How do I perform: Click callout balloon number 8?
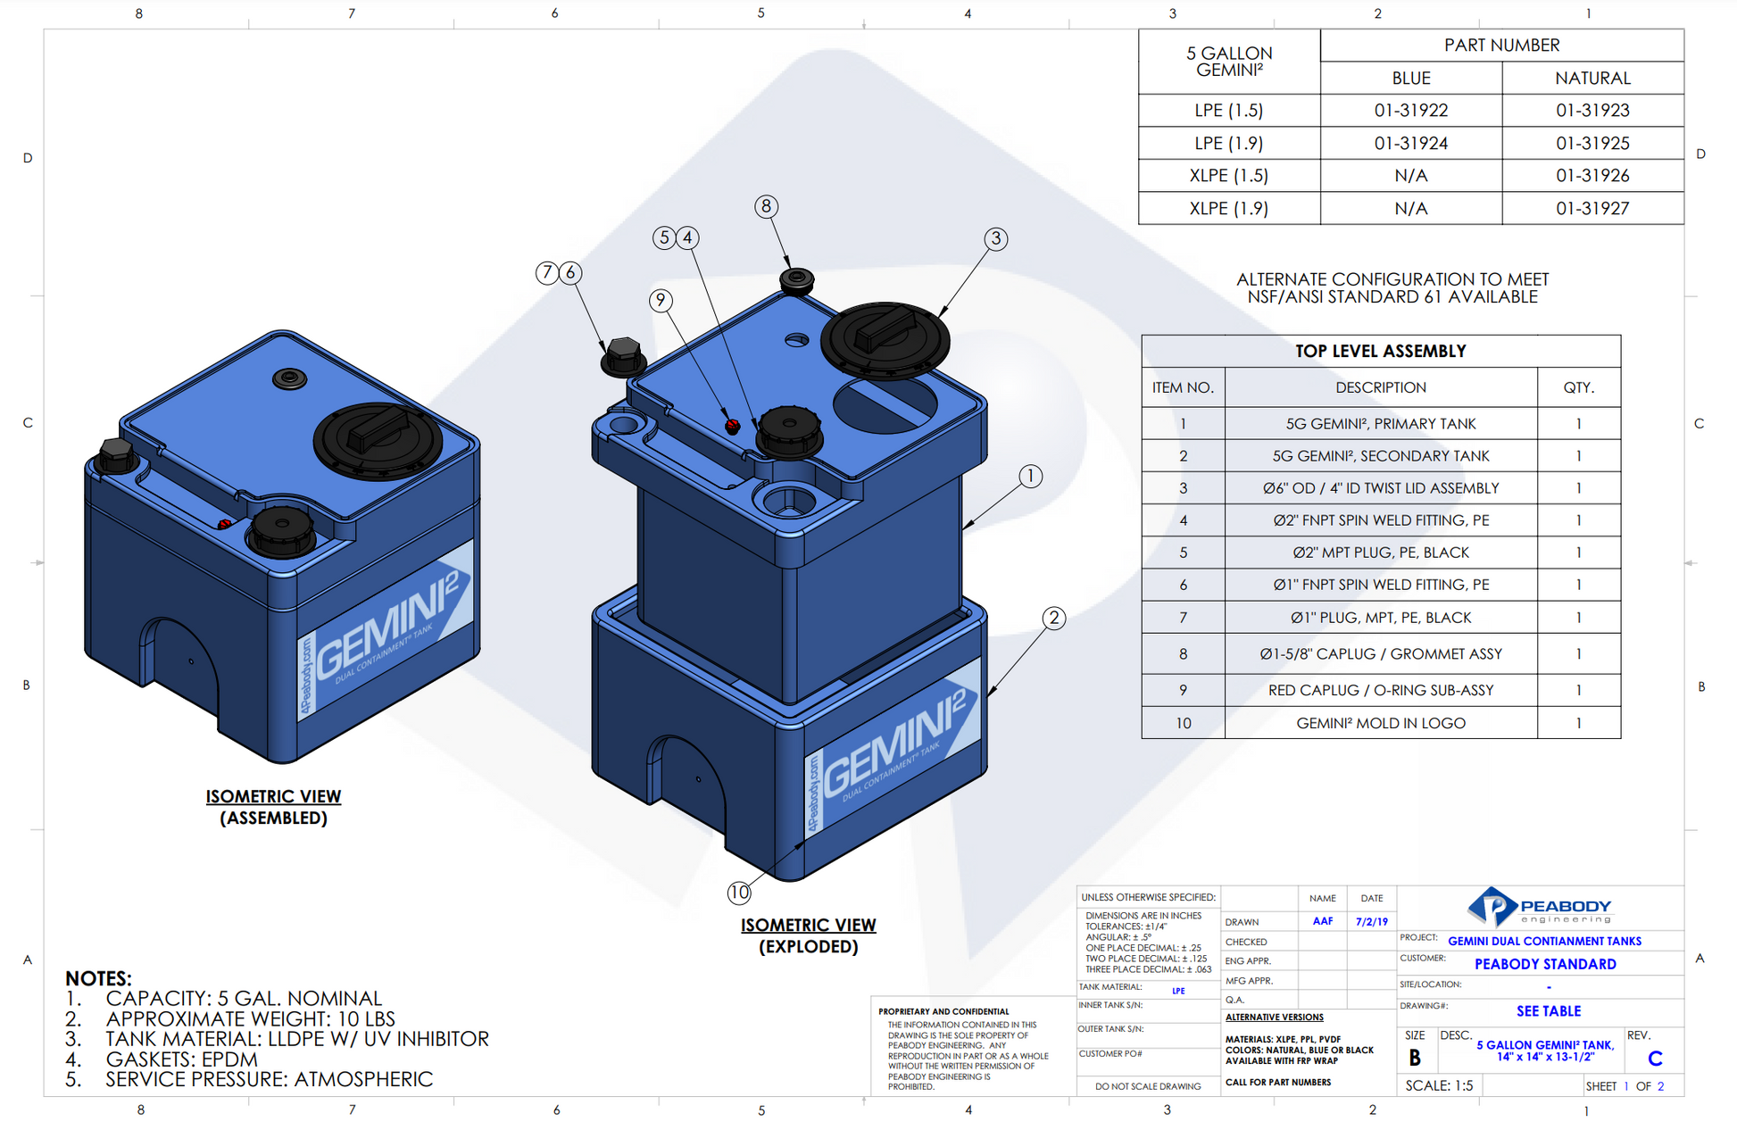tap(766, 207)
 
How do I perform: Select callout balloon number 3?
tap(996, 239)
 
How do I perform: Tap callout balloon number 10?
tap(739, 892)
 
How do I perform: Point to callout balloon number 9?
tap(661, 301)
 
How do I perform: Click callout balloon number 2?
tap(1054, 618)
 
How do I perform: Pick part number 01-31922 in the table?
tap(1410, 111)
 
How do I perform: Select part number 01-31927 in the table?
tap(1592, 209)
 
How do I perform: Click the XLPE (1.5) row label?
tap(1228, 176)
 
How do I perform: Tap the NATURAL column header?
tap(1592, 79)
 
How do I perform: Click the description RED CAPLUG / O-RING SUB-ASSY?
tap(1380, 690)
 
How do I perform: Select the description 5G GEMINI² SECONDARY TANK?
tap(1380, 456)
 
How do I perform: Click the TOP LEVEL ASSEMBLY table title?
tap(1380, 352)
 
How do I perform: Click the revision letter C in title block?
tap(1655, 1059)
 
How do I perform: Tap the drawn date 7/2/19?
tap(1371, 922)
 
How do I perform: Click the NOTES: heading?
tap(98, 978)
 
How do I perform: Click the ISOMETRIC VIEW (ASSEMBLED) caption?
tap(273, 807)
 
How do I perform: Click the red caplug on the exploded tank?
tap(733, 426)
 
